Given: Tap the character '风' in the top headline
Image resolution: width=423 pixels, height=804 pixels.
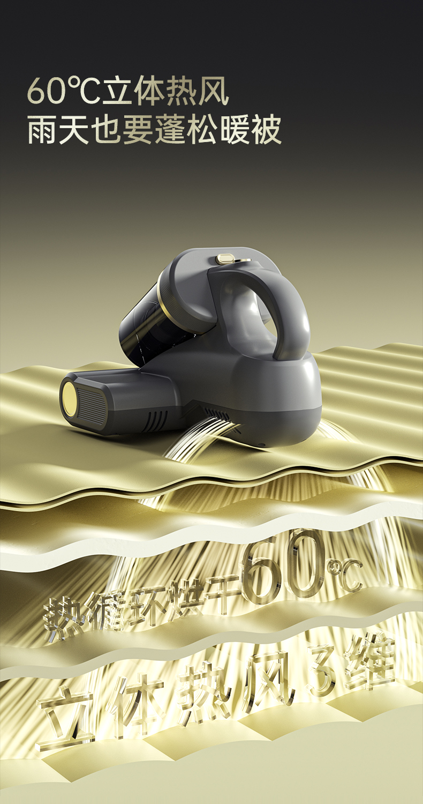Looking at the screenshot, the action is tap(213, 90).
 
